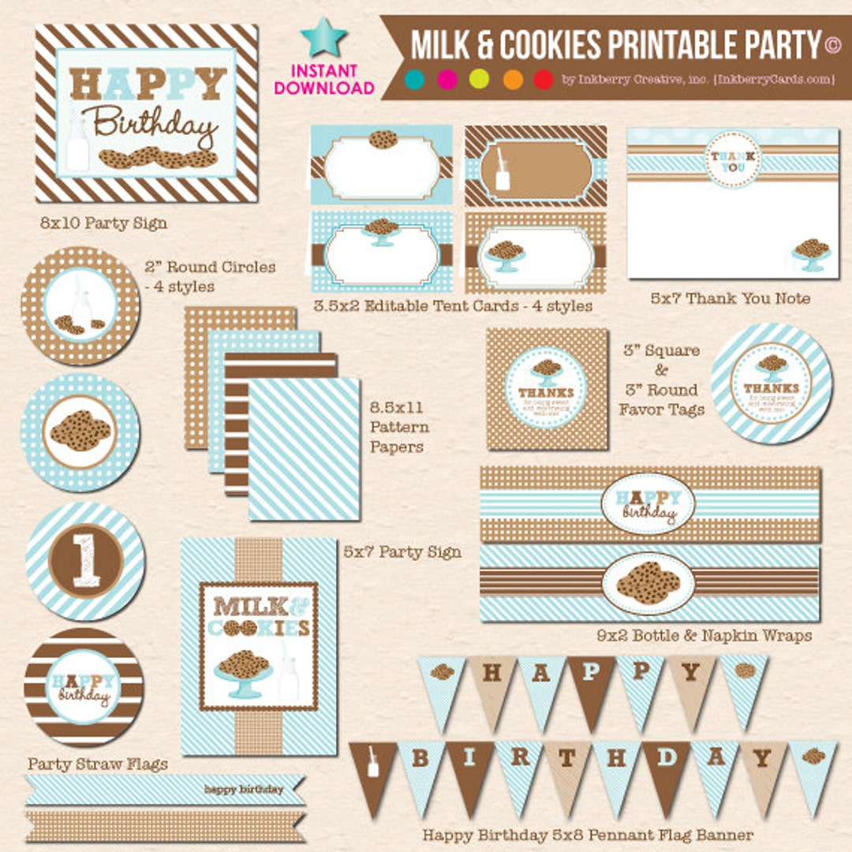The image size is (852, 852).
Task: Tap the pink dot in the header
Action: tap(447, 79)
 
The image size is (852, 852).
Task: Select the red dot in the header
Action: tap(544, 79)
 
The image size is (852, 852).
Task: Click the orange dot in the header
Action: tap(513, 79)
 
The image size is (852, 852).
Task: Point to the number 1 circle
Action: tap(86, 561)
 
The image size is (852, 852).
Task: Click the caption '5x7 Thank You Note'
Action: tap(730, 298)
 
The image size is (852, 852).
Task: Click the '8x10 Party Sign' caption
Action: tap(104, 223)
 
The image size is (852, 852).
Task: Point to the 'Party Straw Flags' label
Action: tap(98, 764)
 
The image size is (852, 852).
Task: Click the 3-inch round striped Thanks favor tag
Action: tap(771, 383)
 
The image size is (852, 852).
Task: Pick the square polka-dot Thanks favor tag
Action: tap(547, 388)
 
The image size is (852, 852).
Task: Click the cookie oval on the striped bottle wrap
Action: tap(648, 584)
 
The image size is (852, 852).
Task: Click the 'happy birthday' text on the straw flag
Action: tap(244, 789)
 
